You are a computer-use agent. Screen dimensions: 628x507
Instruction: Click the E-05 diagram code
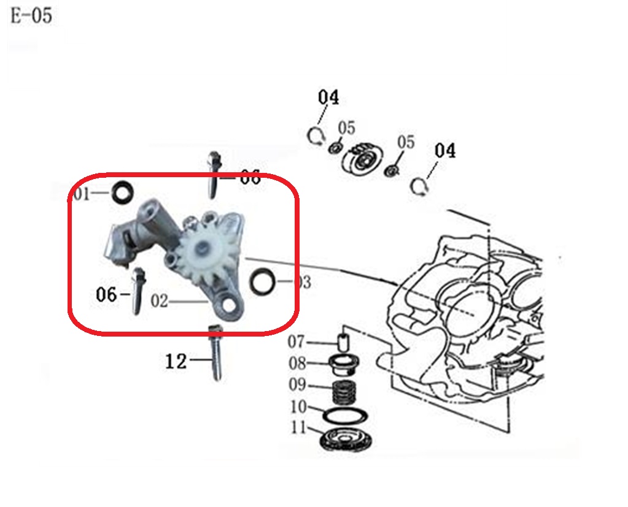click(x=31, y=16)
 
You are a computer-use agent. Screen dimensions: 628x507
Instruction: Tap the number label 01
click(x=82, y=194)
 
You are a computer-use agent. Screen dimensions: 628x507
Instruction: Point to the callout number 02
click(x=159, y=301)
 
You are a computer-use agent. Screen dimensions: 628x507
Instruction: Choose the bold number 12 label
click(x=176, y=362)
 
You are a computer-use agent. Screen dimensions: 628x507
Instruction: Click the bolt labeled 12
click(x=215, y=353)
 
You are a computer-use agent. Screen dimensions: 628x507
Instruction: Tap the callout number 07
click(x=296, y=342)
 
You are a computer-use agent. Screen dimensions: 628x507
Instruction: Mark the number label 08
click(x=297, y=364)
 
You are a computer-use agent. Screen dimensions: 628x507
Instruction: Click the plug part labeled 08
click(x=344, y=364)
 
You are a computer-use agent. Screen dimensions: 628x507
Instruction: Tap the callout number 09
click(x=297, y=384)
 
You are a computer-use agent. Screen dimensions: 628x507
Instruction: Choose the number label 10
click(x=298, y=407)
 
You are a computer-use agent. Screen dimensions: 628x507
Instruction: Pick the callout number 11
click(x=299, y=427)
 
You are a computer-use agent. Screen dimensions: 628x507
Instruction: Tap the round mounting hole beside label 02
click(x=229, y=305)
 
